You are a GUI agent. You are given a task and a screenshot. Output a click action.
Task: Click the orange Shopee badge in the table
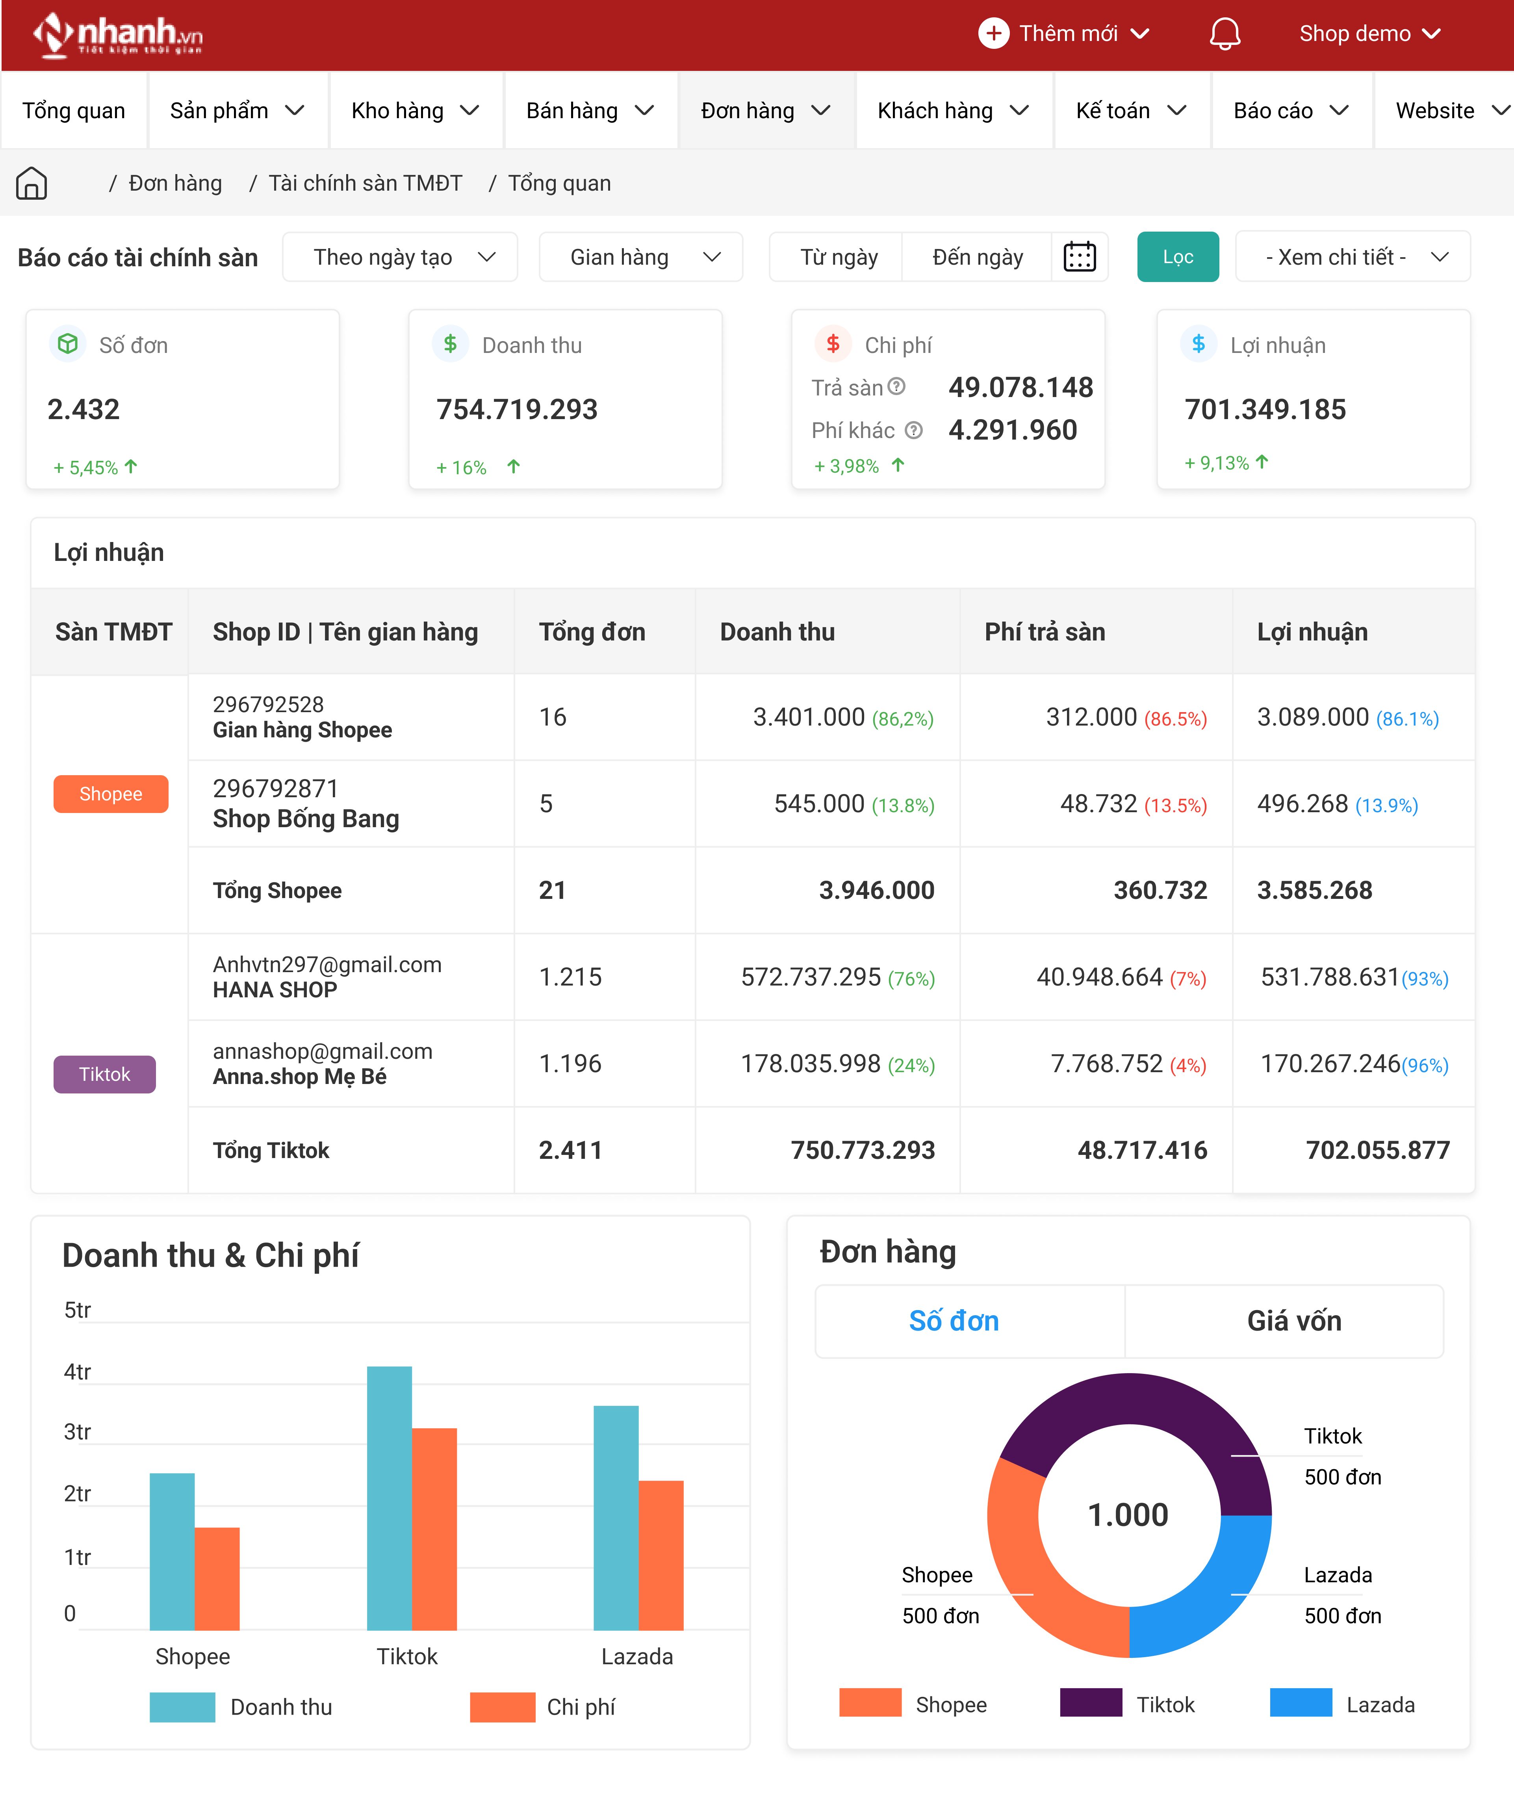click(x=111, y=794)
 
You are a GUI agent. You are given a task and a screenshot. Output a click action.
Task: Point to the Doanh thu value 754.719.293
click(x=517, y=409)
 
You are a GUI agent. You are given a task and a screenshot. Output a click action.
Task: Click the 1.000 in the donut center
click(x=1128, y=1515)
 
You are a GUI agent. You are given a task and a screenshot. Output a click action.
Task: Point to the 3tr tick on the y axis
click(x=77, y=1432)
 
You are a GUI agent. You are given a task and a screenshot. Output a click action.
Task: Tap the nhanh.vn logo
click(x=118, y=34)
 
